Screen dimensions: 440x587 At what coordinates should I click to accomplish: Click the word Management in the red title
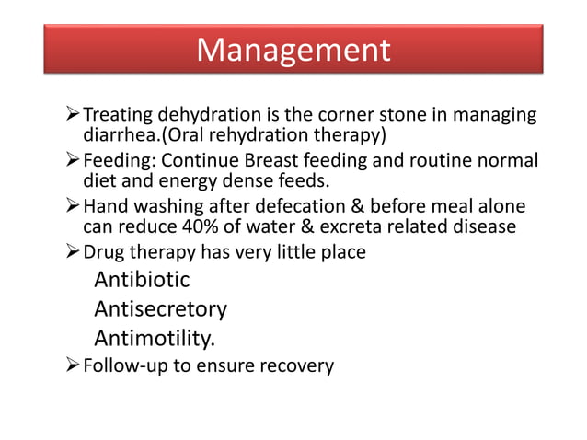(293, 49)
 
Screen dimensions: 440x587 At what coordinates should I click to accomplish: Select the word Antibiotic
(142, 279)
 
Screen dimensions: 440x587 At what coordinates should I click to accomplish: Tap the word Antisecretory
(160, 308)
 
